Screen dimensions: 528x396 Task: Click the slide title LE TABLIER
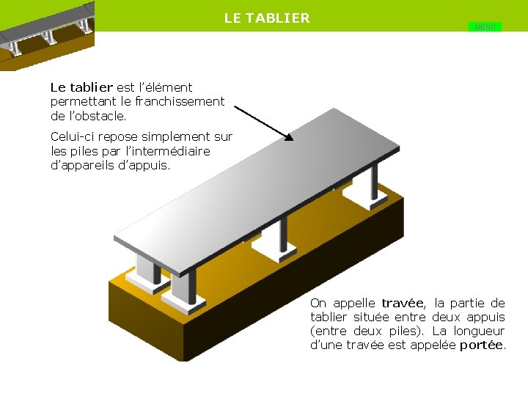(267, 18)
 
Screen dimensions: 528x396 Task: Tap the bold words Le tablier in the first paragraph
(81, 87)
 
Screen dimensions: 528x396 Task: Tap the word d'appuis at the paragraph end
(146, 165)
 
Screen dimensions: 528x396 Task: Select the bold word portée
(481, 345)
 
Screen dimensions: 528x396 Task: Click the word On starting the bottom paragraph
(318, 303)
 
